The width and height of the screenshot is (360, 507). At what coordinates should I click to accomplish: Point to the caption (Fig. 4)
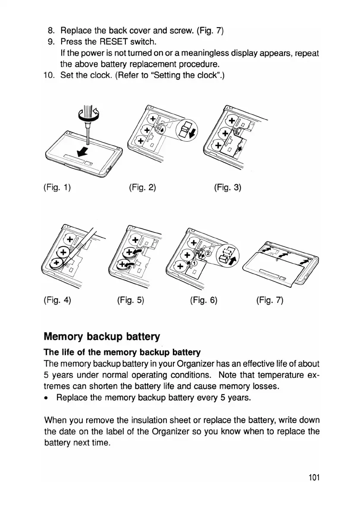point(57,300)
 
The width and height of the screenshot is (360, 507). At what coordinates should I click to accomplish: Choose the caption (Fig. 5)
point(130,300)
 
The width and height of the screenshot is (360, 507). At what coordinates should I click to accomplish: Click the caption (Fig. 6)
point(203,300)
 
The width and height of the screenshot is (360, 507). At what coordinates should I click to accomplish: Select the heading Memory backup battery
point(102,336)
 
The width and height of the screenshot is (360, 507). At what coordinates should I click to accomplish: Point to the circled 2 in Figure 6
point(208,253)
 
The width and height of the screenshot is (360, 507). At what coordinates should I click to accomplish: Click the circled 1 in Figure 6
point(194,263)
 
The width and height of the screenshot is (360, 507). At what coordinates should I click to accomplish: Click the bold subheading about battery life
point(122,353)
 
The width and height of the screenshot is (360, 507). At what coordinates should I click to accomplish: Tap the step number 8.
point(50,31)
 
